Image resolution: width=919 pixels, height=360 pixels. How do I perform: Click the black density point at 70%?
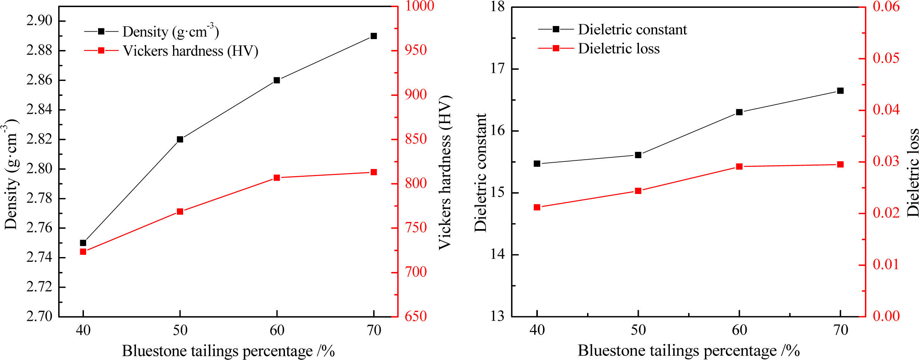point(374,36)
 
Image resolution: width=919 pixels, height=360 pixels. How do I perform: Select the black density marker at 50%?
point(180,140)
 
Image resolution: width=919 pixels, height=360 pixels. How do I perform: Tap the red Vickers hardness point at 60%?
point(277,178)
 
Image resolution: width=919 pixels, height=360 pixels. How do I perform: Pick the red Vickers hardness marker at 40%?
point(83,252)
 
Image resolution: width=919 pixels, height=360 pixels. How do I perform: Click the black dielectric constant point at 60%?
point(739,112)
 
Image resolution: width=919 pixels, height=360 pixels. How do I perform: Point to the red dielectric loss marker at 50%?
point(638,191)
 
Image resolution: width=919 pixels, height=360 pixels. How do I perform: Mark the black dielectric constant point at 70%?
point(840,91)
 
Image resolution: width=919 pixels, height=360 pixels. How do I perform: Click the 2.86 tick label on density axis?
point(39,80)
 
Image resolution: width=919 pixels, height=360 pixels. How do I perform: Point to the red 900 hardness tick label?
point(416,94)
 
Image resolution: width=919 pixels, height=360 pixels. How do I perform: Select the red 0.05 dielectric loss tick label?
point(886,58)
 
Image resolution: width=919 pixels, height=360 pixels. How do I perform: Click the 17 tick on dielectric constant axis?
point(497,69)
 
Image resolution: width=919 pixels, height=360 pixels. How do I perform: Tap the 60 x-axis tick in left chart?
point(277,330)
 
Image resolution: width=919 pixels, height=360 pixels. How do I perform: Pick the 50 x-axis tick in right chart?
point(638,330)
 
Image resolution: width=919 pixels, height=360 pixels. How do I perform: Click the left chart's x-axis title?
point(228,351)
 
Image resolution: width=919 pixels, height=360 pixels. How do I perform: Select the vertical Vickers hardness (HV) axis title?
point(445,172)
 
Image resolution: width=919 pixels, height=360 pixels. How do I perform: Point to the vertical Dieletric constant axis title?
point(481,172)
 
